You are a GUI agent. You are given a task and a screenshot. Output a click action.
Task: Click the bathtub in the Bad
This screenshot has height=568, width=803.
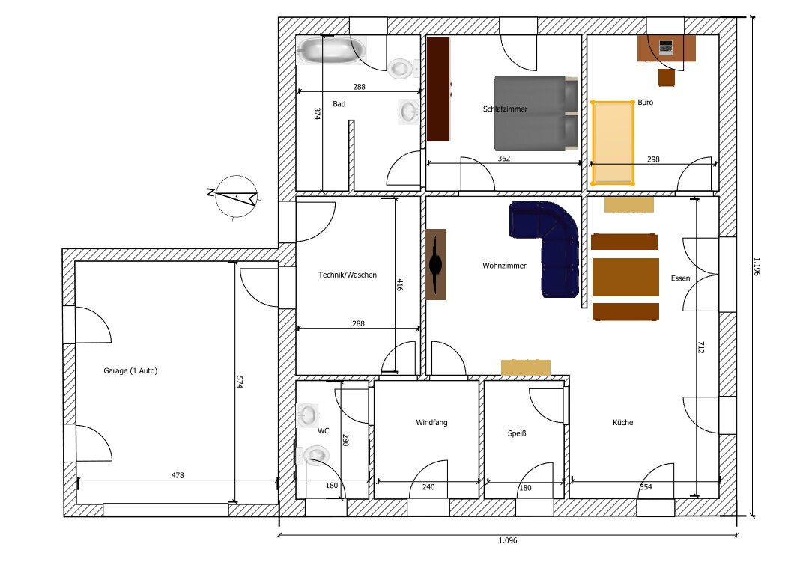332,51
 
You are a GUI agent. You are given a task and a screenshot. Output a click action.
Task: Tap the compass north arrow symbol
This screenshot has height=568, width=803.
236,196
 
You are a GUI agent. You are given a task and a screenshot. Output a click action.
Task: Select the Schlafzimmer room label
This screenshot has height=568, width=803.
505,109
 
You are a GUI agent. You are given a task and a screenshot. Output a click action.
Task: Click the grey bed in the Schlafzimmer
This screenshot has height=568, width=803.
536,113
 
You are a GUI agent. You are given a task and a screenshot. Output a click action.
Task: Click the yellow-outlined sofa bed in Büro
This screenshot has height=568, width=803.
613,143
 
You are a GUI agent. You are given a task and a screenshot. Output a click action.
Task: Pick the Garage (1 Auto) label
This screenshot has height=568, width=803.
130,371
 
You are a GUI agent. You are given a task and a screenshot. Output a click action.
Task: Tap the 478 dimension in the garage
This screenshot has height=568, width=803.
178,475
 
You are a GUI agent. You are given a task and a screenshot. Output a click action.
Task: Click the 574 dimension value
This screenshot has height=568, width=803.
239,382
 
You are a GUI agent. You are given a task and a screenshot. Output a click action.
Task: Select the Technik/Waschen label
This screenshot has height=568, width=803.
348,275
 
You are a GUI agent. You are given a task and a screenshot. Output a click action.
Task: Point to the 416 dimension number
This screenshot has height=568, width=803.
399,285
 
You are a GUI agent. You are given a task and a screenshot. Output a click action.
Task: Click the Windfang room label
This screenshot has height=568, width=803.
431,423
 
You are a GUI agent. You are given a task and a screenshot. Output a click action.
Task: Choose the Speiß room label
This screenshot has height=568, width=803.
517,433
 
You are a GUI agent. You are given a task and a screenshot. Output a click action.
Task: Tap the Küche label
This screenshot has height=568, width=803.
622,423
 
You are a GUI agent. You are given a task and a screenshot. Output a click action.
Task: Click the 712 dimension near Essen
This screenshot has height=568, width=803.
700,347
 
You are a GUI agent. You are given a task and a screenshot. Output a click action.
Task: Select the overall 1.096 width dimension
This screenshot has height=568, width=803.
508,540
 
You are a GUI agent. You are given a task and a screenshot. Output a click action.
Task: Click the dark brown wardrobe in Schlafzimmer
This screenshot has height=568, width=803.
438,89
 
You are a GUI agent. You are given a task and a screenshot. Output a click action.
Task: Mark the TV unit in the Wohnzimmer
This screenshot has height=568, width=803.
436,264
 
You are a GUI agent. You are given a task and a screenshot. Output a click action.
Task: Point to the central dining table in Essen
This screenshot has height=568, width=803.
625,278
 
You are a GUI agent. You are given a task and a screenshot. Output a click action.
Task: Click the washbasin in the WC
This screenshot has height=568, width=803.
308,415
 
